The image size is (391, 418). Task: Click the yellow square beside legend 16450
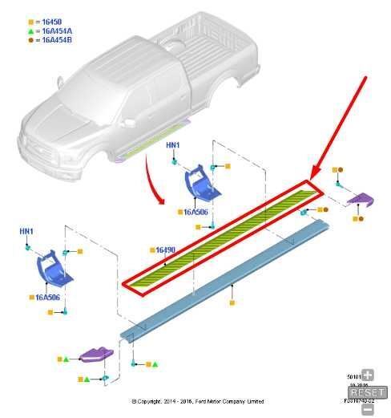[31, 22]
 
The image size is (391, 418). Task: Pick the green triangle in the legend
[31, 30]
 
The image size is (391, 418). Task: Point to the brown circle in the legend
[31, 39]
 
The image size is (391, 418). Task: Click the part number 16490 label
[166, 250]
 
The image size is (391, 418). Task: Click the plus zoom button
[368, 375]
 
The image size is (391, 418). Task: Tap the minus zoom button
[368, 409]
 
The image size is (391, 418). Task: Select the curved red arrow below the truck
[155, 177]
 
